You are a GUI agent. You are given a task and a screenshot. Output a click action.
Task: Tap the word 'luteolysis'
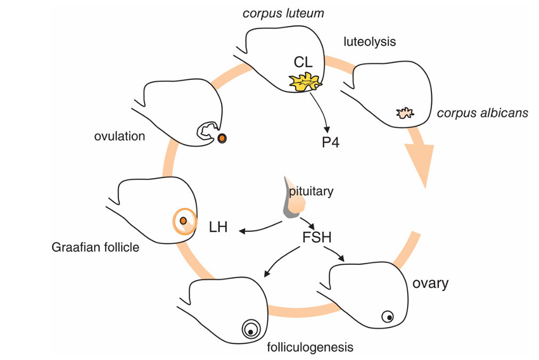click(x=369, y=42)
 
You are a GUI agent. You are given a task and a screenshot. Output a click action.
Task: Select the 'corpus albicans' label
click(x=482, y=113)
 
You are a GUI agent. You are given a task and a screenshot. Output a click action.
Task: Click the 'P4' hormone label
click(x=329, y=141)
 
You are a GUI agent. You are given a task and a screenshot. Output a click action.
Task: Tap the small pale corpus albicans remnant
click(x=404, y=113)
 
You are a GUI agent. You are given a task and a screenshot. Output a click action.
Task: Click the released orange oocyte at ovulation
click(x=222, y=138)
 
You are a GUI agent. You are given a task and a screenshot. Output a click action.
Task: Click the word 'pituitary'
click(x=310, y=190)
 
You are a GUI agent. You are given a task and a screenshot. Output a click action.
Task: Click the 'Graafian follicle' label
click(x=95, y=247)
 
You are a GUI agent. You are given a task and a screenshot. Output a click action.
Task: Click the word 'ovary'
click(x=430, y=282)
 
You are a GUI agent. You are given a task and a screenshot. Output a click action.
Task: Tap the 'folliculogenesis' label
click(x=310, y=347)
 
